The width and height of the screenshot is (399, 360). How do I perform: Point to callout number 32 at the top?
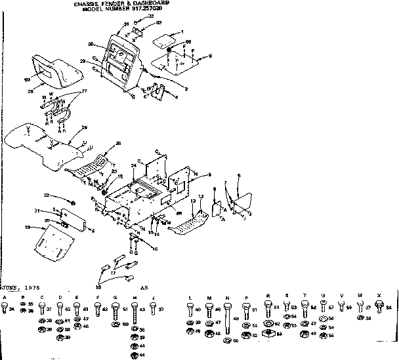point(150,16)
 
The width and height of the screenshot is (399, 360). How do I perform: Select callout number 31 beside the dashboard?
point(126,24)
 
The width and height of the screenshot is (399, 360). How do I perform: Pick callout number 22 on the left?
point(47,195)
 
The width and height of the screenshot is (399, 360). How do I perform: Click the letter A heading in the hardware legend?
point(5,297)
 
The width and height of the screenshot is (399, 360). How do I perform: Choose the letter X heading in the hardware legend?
point(379,296)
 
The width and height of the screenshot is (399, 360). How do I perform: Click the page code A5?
point(144,287)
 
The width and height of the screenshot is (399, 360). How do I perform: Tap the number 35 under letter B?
point(30,304)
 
